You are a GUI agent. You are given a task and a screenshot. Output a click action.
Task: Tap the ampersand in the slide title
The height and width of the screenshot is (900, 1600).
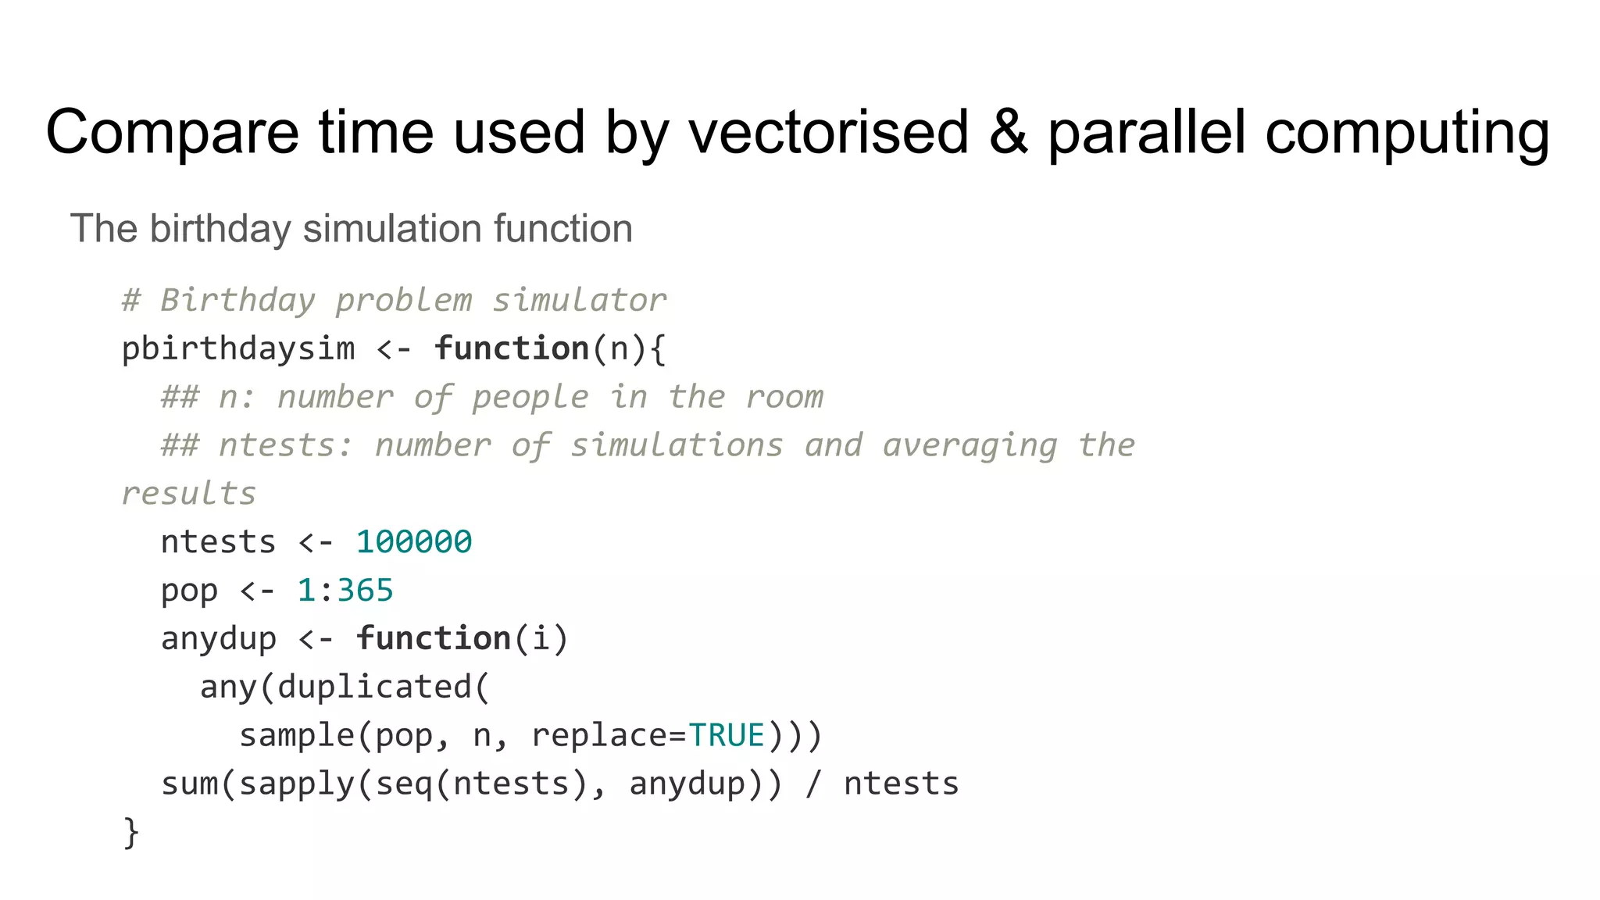point(1008,131)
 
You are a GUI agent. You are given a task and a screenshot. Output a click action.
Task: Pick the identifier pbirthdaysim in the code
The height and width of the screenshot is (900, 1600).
point(238,349)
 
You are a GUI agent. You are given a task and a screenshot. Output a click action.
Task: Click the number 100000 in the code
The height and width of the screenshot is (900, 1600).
point(414,542)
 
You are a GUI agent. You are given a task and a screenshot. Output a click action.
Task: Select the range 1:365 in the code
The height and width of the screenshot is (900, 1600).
point(345,591)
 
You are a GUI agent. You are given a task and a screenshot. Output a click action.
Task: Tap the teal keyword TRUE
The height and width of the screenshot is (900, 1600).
point(727,735)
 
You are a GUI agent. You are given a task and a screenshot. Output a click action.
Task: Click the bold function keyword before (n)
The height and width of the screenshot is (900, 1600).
point(512,348)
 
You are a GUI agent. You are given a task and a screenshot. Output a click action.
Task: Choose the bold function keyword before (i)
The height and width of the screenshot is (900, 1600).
point(434,638)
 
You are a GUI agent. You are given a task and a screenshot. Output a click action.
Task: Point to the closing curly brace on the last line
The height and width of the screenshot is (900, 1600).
point(131,833)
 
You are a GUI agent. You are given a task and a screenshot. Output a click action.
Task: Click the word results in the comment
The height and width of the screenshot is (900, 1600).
point(189,494)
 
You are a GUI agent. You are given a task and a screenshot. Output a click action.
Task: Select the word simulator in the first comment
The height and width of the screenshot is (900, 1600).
point(579,301)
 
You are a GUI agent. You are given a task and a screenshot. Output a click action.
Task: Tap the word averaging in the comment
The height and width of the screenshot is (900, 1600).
point(970,445)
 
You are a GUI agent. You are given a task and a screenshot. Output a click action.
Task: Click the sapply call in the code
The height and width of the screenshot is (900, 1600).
point(297,784)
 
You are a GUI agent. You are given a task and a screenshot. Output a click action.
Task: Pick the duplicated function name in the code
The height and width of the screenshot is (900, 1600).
point(375,687)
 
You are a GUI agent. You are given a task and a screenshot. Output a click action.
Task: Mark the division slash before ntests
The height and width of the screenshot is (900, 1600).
point(813,784)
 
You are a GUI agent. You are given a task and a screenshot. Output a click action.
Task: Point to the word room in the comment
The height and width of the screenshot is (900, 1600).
point(784,397)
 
